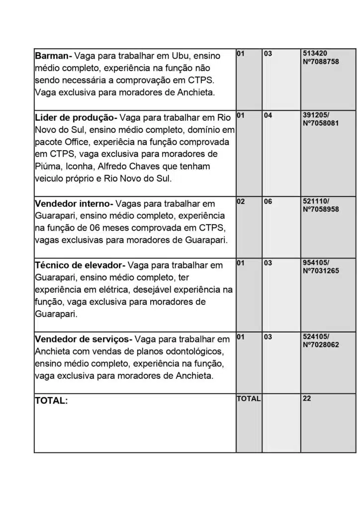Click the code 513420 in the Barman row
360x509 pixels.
315,53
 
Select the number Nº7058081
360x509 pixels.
321,123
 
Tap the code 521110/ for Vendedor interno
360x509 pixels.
316,202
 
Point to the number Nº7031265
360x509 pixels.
321,270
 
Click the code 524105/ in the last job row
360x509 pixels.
316,337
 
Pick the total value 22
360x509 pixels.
307,398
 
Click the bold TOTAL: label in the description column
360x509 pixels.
51,401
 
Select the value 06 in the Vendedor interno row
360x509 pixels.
268,202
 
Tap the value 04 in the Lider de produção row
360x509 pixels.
268,115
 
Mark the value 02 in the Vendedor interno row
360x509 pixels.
241,202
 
